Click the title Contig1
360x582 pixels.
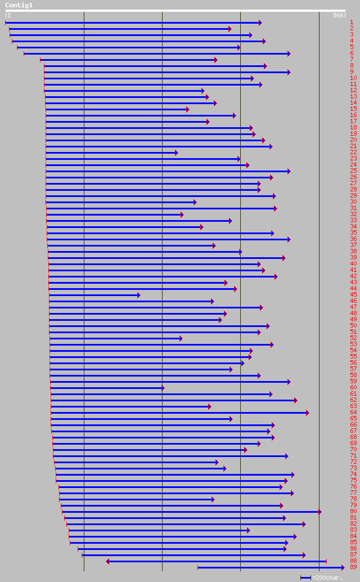pos(19,5)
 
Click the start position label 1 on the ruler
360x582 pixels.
pos(8,16)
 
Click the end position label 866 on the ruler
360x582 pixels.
pos(338,16)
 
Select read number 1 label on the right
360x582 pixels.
pos(352,22)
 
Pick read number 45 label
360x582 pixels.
pos(353,294)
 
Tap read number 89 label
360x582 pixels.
pos(353,567)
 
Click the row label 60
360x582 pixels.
pos(353,387)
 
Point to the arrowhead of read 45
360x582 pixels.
pos(138,295)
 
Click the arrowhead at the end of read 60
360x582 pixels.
pos(163,388)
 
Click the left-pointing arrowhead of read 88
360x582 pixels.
pos(107,561)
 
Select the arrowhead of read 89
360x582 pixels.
pos(343,567)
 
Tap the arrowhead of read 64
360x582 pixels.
pos(307,413)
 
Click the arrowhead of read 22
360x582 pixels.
pos(176,153)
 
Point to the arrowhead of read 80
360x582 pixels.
pos(319,512)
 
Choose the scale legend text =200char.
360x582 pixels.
pos(327,578)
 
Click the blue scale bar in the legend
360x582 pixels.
pos(305,578)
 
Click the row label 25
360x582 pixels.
pos(353,171)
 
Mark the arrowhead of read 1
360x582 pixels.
pos(260,23)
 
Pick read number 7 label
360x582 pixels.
pos(352,59)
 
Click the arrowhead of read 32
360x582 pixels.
pos(182,214)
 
